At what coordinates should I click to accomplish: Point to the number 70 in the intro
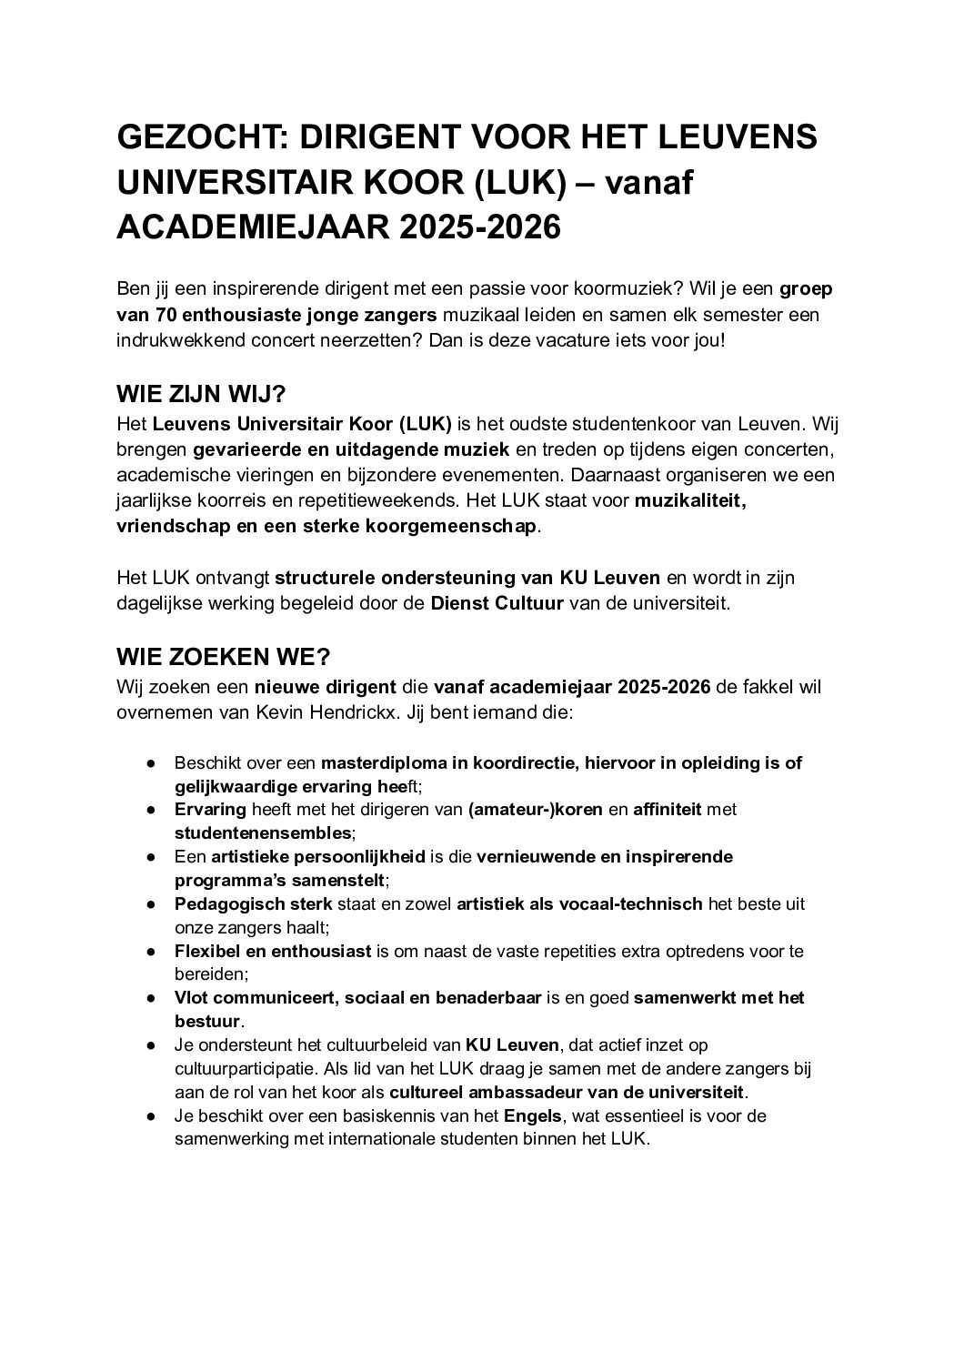(x=160, y=315)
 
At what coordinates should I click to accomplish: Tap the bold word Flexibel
(x=206, y=951)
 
